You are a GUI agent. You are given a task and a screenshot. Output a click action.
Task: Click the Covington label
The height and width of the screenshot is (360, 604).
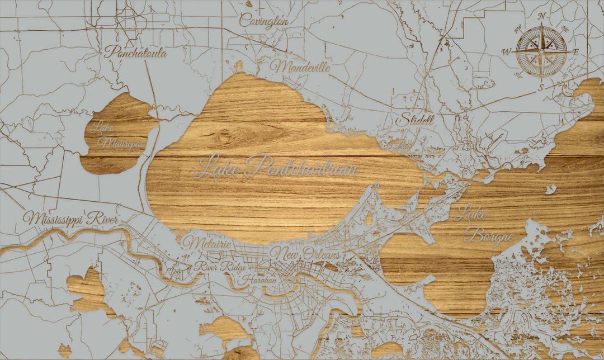click(264, 21)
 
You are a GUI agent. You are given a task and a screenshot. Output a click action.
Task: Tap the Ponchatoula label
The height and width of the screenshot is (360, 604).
click(135, 52)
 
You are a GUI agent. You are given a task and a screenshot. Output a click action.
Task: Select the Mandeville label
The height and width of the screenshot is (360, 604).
click(300, 67)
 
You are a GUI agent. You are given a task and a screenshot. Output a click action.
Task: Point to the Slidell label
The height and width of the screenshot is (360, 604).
click(415, 120)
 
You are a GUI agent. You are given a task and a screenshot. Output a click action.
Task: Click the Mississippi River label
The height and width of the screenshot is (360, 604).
click(70, 219)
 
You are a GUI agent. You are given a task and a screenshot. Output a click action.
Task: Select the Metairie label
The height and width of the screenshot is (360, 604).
click(207, 243)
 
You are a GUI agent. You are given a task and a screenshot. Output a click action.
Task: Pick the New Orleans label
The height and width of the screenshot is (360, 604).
click(305, 254)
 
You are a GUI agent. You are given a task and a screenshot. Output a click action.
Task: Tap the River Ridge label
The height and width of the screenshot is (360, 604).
click(220, 267)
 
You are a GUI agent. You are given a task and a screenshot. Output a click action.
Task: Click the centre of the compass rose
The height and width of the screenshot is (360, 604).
click(541, 51)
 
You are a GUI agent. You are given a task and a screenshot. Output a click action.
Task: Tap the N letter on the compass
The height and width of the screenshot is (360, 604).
click(541, 16)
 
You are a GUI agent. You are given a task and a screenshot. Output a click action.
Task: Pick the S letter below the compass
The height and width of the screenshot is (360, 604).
click(541, 87)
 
